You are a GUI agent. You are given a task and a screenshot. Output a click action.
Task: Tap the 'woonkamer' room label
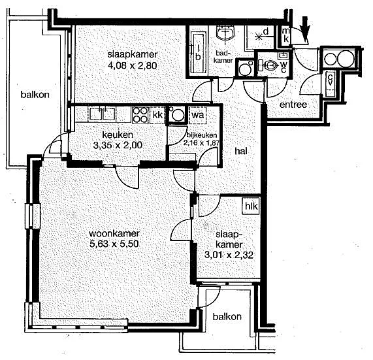[x=114, y=233]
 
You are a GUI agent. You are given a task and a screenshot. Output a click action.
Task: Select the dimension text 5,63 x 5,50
[x=114, y=244]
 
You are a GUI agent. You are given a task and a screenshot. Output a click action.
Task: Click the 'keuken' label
[x=118, y=135]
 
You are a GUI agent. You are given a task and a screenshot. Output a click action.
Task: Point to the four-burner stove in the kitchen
[x=140, y=115]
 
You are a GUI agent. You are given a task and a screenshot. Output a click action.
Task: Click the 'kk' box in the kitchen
[x=157, y=115]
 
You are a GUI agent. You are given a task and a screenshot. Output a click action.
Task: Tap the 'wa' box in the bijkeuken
[x=197, y=115]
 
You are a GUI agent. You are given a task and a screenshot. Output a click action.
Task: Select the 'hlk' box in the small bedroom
[x=251, y=206]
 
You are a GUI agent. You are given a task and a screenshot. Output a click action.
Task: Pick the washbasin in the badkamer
[x=225, y=33]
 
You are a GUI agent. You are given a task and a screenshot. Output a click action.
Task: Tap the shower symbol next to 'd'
[x=258, y=37]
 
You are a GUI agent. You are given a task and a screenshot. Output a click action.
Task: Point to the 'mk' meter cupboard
[x=285, y=35]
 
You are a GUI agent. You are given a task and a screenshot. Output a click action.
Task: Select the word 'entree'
[x=293, y=105]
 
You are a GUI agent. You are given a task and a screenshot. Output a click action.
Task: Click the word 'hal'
[x=241, y=151]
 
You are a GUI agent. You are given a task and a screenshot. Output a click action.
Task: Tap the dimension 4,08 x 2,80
[x=132, y=65]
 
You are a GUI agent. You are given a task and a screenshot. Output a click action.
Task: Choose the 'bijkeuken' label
[x=202, y=135]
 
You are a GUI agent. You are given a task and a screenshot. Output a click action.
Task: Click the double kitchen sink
[x=103, y=114]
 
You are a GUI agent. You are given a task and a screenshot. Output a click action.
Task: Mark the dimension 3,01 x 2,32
[x=229, y=255]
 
